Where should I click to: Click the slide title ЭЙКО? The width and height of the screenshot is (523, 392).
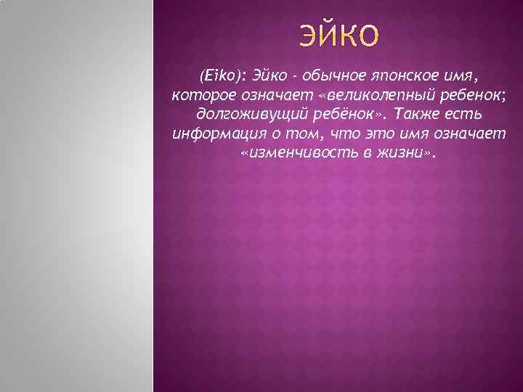pyautogui.click(x=338, y=35)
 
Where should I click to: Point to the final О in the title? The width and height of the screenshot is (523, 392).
pyautogui.click(x=368, y=35)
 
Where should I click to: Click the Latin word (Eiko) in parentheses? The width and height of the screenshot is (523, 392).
pyautogui.click(x=222, y=76)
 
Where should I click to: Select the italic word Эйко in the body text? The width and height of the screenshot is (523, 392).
pyautogui.click(x=269, y=76)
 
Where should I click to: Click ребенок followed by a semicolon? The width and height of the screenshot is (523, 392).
pyautogui.click(x=464, y=96)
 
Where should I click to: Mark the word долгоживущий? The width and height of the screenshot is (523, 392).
pyautogui.click(x=244, y=115)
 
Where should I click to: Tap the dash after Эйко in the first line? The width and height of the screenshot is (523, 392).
pyautogui.click(x=293, y=77)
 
